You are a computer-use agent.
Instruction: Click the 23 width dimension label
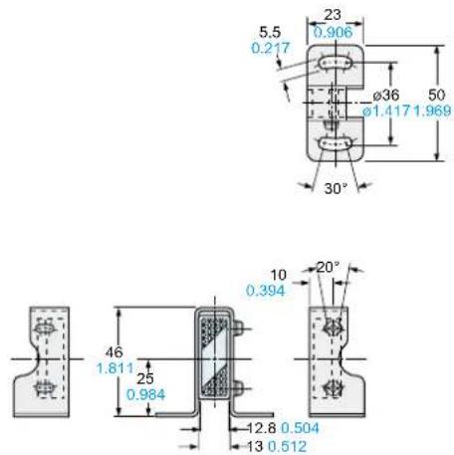[x=333, y=15]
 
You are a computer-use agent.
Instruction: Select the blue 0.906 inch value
[x=333, y=32]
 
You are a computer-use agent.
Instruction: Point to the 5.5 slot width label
[x=270, y=32]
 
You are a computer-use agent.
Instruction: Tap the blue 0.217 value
[x=271, y=48]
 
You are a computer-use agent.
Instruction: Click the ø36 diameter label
[x=386, y=96]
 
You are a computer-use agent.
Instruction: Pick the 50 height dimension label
[x=436, y=95]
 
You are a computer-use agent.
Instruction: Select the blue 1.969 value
[x=432, y=111]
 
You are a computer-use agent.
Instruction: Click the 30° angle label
[x=336, y=188]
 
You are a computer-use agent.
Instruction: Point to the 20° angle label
[x=328, y=267]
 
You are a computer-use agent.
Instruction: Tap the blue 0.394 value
[x=266, y=291]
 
